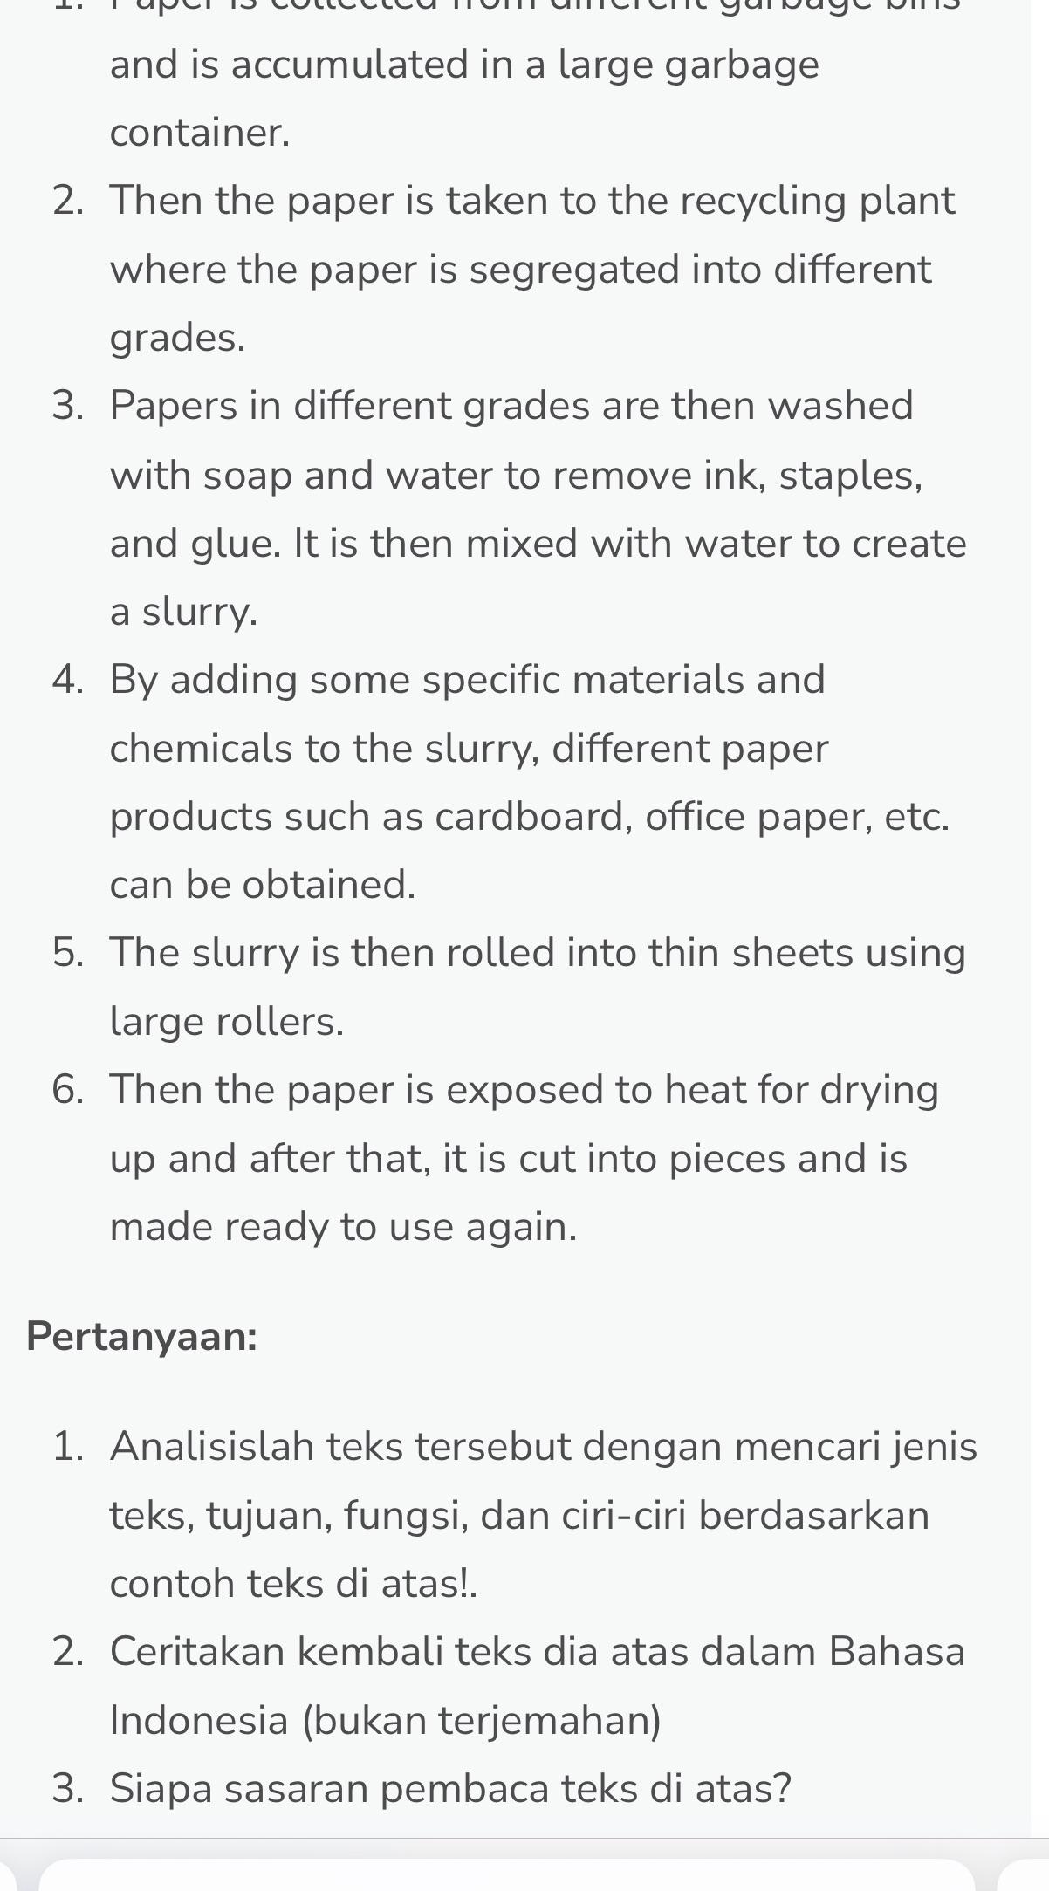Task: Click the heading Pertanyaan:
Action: click(x=141, y=1336)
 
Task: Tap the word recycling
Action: click(x=763, y=202)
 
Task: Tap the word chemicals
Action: click(x=201, y=749)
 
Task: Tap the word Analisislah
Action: click(x=212, y=1446)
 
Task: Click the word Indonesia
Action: click(x=199, y=1720)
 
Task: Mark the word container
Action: click(x=199, y=134)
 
